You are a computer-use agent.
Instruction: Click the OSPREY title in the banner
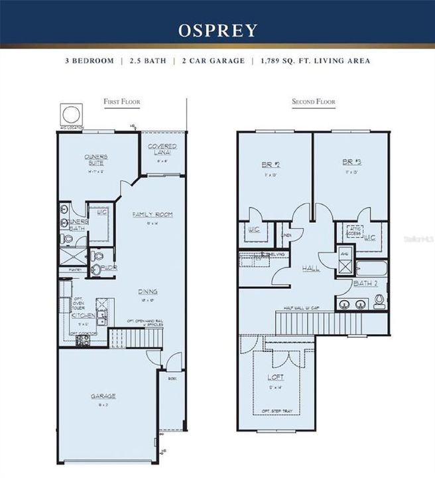217,31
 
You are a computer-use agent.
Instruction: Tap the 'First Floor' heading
121,102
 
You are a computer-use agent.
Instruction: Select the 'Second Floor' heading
314,102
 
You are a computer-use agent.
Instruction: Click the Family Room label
153,214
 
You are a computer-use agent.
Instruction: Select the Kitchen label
83,315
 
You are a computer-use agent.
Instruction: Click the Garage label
103,396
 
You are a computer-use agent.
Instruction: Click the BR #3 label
350,162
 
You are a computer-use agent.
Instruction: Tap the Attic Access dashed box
351,231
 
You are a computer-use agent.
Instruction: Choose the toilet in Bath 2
379,302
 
